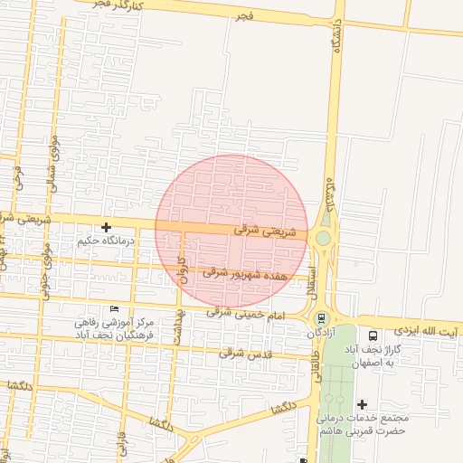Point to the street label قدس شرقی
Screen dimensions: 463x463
(x=245, y=354)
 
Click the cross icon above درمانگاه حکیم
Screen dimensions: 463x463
(x=107, y=227)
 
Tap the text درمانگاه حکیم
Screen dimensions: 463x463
(x=109, y=241)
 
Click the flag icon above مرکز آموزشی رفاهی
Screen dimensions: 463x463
(x=114, y=310)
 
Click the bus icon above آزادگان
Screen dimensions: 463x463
(x=320, y=318)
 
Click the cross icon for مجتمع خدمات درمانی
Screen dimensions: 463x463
(x=363, y=404)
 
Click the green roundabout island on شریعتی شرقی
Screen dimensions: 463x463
(x=323, y=239)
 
